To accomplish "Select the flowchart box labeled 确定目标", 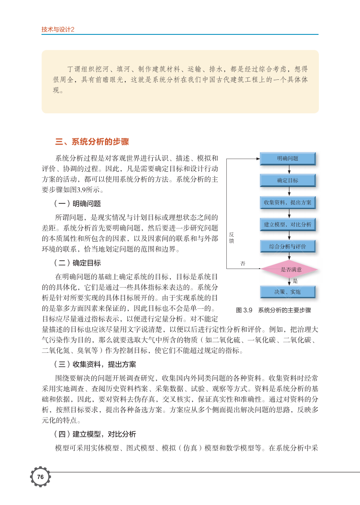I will click(288, 180).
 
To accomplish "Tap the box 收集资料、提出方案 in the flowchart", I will click(288, 202).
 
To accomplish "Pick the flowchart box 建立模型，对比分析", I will click(288, 224).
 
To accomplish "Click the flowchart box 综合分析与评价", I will click(288, 247).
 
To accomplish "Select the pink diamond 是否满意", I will click(289, 269).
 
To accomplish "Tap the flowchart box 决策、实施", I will click(288, 292).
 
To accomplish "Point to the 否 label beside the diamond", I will click(243, 263).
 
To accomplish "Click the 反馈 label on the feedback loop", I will click(232, 238).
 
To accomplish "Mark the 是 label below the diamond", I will click(295, 281).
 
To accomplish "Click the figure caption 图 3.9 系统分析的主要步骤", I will click(274, 310).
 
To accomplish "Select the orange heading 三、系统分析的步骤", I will click(92, 142).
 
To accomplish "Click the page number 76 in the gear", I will click(40, 477).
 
